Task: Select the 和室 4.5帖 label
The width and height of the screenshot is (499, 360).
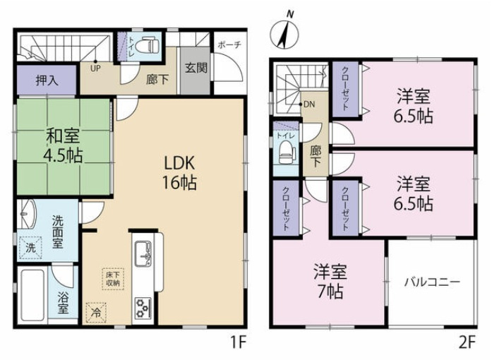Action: [x=61, y=145]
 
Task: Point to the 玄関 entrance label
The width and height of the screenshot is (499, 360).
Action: [x=196, y=69]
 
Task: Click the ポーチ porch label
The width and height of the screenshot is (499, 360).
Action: [x=229, y=44]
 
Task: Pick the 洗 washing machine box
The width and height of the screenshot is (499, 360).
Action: [x=31, y=248]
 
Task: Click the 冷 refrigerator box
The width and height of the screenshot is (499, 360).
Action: [x=95, y=311]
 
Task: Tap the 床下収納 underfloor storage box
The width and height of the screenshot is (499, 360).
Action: [x=113, y=278]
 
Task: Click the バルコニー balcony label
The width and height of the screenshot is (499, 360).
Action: [x=432, y=282]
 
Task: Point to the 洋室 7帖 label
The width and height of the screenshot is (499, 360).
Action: [x=328, y=280]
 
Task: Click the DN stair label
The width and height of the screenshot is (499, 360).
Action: [x=308, y=104]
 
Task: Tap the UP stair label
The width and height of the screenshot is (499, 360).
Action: [x=94, y=68]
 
